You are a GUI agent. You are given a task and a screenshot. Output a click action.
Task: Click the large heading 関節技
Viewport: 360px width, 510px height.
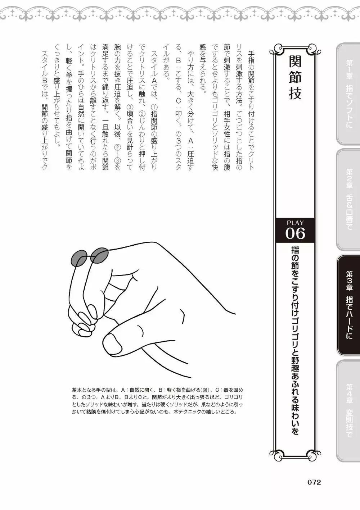[x=295, y=81]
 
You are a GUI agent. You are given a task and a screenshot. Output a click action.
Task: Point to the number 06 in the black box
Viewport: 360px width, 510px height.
[x=295, y=234]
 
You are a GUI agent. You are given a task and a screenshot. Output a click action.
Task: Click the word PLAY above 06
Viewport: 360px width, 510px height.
[x=295, y=223]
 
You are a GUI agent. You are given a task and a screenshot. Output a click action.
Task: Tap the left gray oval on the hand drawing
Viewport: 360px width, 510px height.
[x=80, y=258]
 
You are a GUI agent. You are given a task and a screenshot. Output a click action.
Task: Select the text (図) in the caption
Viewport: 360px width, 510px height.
[x=206, y=390]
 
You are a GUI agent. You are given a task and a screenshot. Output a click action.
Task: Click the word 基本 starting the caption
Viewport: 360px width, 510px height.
[x=77, y=390]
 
